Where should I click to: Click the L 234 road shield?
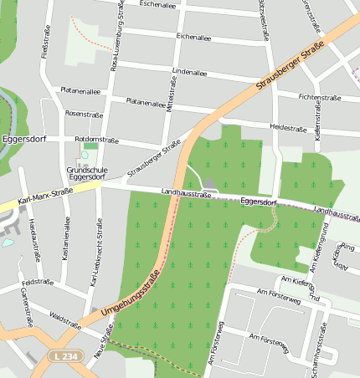click(x=63, y=356)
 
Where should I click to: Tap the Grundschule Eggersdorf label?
click(x=85, y=173)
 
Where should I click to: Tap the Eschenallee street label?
click(x=162, y=4)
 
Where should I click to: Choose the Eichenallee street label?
click(x=193, y=37)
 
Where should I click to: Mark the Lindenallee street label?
click(x=188, y=72)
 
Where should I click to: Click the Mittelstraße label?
click(x=170, y=98)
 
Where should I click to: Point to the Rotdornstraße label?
click(x=96, y=140)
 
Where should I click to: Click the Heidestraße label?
click(x=287, y=128)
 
